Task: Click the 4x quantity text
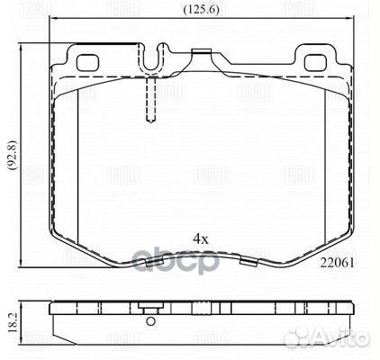tap(200, 238)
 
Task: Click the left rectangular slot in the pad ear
tap(91, 64)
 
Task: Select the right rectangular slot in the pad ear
tap(318, 64)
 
